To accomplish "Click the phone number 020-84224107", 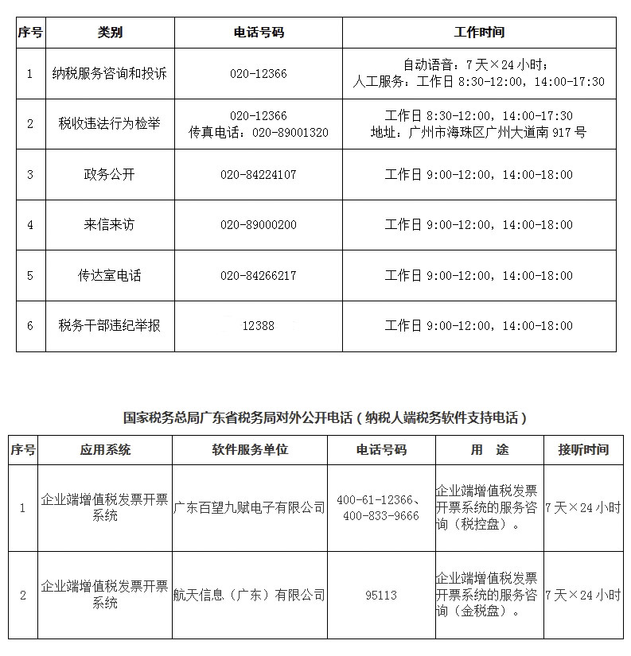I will [x=258, y=175].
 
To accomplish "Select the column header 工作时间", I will [x=479, y=33].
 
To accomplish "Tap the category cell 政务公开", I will [x=110, y=175].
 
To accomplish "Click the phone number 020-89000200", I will [x=258, y=225].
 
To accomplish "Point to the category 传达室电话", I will [x=110, y=276].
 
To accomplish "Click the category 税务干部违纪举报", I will [x=110, y=326].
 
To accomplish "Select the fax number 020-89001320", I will [x=290, y=133].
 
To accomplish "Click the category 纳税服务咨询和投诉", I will [x=110, y=74].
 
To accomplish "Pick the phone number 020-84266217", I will [x=258, y=276].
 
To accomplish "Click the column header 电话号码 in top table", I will [x=258, y=33].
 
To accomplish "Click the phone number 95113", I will [x=380, y=595].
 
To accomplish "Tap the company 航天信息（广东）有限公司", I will [x=249, y=595].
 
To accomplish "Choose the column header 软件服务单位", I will [x=249, y=450].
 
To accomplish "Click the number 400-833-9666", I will [x=380, y=516].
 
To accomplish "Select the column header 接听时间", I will [x=582, y=450].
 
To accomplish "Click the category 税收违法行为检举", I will [x=110, y=124].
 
